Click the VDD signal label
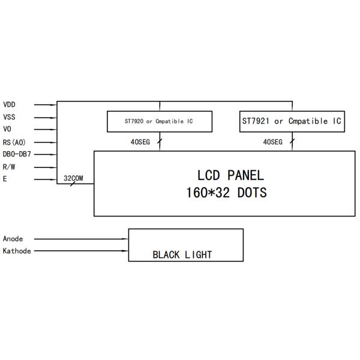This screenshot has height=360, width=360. click(x=9, y=104)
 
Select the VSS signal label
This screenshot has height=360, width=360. click(x=9, y=117)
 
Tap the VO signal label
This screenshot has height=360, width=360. click(x=7, y=129)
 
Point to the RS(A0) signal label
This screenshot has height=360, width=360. click(x=14, y=142)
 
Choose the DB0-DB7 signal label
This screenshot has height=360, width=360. click(x=17, y=154)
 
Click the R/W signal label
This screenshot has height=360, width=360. click(x=9, y=167)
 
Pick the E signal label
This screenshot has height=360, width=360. click(x=5, y=179)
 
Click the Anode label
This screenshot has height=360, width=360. click(x=13, y=239)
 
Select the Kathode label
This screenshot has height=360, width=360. click(x=17, y=251)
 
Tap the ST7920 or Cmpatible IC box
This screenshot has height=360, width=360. click(x=159, y=121)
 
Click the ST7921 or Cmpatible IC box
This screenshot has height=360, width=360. click(x=292, y=121)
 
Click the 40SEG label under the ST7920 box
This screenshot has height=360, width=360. click(x=139, y=142)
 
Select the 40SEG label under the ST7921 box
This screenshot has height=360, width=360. click(x=272, y=142)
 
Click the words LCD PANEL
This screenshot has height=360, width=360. click(x=230, y=175)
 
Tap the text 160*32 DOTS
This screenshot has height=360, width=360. click(x=227, y=193)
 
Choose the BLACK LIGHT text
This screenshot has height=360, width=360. click(x=182, y=254)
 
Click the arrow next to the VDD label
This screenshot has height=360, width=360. click(x=46, y=104)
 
